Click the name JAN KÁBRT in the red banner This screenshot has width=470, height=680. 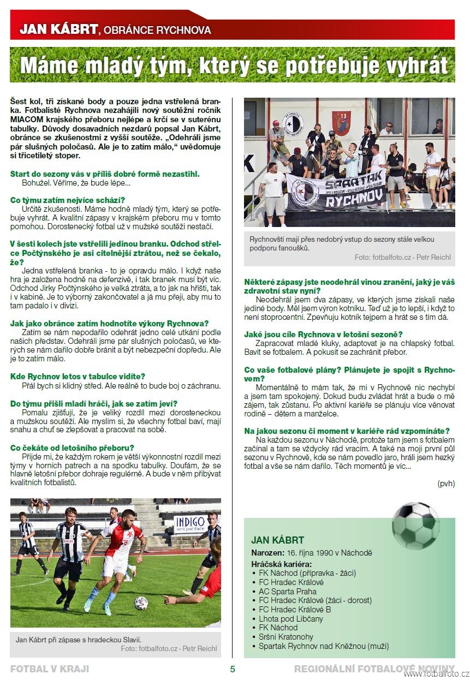[x=58, y=29]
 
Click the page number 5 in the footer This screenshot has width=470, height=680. [x=233, y=669]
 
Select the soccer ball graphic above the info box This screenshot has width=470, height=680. [x=415, y=526]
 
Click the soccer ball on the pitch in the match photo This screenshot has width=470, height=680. [x=141, y=603]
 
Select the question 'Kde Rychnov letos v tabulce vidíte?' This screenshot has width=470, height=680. [x=78, y=376]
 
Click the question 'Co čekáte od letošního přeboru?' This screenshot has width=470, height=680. [x=72, y=448]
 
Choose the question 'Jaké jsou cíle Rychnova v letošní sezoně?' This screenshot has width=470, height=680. [x=323, y=334]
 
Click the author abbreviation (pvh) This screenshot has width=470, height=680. [x=445, y=484]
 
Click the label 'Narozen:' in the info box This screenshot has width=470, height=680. [x=267, y=553]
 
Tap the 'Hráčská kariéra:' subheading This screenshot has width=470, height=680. [x=282, y=564]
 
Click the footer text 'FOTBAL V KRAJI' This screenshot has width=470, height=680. [x=50, y=669]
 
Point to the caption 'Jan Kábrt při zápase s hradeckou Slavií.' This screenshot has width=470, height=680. [x=79, y=640]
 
